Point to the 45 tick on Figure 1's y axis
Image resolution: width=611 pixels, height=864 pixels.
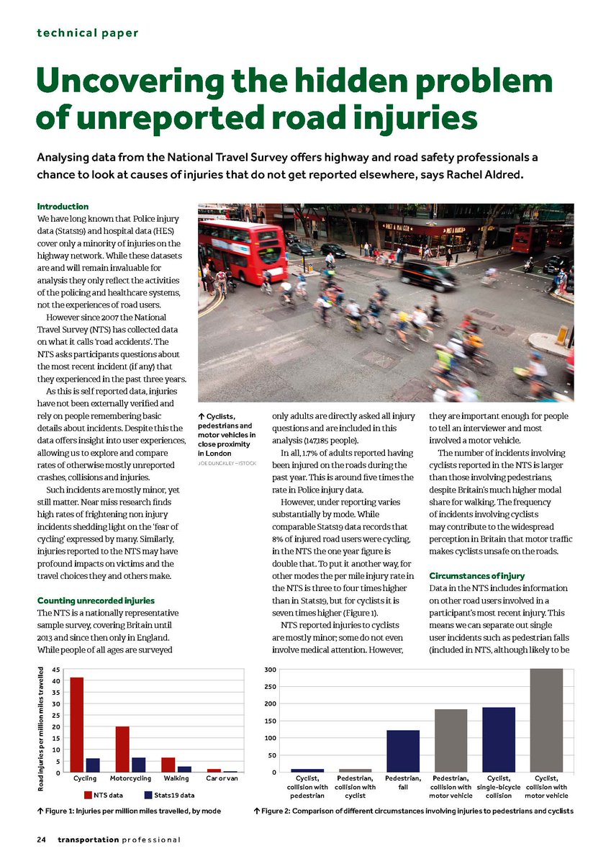(x=56, y=669)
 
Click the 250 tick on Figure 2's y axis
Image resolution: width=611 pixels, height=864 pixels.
(x=271, y=686)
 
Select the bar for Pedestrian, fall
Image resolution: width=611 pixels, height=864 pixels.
(x=403, y=751)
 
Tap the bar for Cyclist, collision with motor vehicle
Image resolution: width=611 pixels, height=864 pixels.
(x=546, y=720)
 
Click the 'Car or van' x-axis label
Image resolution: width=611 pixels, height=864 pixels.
(x=222, y=779)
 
